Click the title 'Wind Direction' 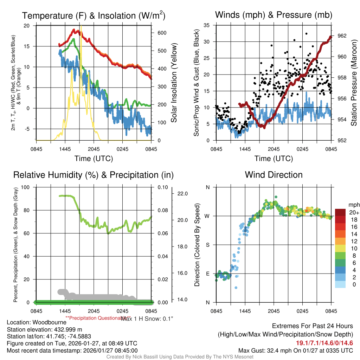point(274,175)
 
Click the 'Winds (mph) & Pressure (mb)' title point(274,15)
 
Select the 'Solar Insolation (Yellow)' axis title point(174,83)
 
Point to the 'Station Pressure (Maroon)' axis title point(354,83)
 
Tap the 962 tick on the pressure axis point(342,36)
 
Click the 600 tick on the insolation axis point(162,33)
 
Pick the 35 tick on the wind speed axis point(207,25)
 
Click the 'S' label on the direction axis point(207,245)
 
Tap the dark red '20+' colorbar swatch point(340,212)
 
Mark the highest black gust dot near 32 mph point(306,34)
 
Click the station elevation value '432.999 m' point(70,329)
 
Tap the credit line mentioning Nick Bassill point(180,357)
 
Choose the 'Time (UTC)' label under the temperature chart point(94,159)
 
